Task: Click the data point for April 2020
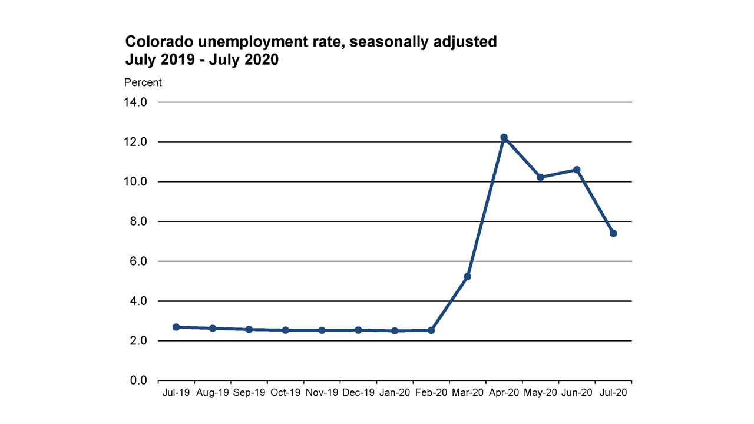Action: (x=504, y=137)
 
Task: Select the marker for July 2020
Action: (x=613, y=233)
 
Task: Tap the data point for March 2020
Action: (x=468, y=276)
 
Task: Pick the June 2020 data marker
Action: (x=577, y=170)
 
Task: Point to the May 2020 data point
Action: (x=540, y=177)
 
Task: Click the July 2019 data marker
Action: (x=176, y=327)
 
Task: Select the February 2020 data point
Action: (x=431, y=330)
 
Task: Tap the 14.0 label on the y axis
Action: (x=135, y=102)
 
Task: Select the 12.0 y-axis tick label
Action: (x=135, y=142)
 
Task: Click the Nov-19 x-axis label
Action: (x=322, y=392)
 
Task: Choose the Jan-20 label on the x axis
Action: (x=395, y=392)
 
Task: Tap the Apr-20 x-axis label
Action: (x=504, y=392)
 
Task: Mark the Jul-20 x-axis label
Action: (x=613, y=392)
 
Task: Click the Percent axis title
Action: (x=143, y=83)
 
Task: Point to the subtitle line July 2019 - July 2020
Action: (x=201, y=59)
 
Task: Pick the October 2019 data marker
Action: (x=286, y=330)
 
